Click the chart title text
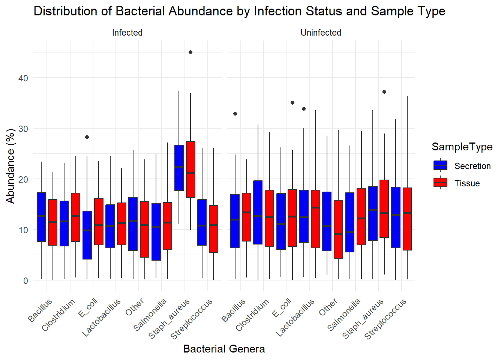pyautogui.click(x=239, y=11)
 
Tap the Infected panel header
pyautogui.click(x=127, y=33)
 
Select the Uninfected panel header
pyautogui.click(x=321, y=33)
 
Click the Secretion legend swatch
pyautogui.click(x=440, y=165)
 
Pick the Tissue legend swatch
pyautogui.click(x=440, y=183)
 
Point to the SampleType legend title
pyautogui.click(x=462, y=147)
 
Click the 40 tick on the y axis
pyautogui.click(x=23, y=78)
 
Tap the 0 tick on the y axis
pyautogui.click(x=25, y=280)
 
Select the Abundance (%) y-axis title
pyautogui.click(x=10, y=166)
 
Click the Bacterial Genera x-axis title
pyautogui.click(x=224, y=349)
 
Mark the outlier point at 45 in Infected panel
pyautogui.click(x=190, y=52)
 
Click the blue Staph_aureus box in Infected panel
pyautogui.click(x=179, y=168)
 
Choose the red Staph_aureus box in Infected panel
pyautogui.click(x=190, y=169)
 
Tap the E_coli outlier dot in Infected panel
pyautogui.click(x=87, y=137)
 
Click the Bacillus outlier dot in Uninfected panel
pyautogui.click(x=235, y=114)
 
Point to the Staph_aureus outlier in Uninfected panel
pyautogui.click(x=384, y=92)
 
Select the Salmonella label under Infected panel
pyautogui.click(x=150, y=315)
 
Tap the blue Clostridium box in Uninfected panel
pyautogui.click(x=258, y=212)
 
